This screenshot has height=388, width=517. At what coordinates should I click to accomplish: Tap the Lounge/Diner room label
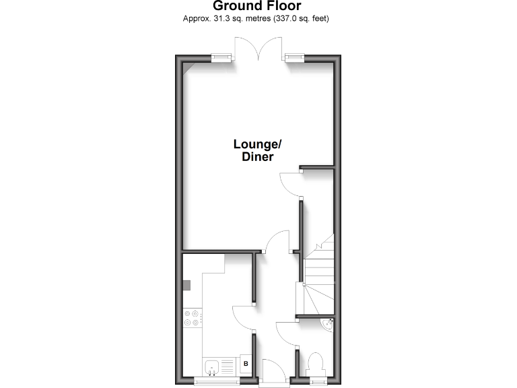[x=256, y=150]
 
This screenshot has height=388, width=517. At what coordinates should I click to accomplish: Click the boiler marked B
[x=246, y=364]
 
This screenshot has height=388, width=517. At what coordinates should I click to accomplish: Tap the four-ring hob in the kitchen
[x=191, y=317]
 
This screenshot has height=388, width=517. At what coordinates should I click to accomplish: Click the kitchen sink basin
[x=212, y=368]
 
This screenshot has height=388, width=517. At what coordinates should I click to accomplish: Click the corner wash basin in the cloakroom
[x=328, y=325]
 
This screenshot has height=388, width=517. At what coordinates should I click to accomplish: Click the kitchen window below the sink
[x=217, y=382]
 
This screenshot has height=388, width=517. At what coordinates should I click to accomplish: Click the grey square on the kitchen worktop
[x=186, y=284]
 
